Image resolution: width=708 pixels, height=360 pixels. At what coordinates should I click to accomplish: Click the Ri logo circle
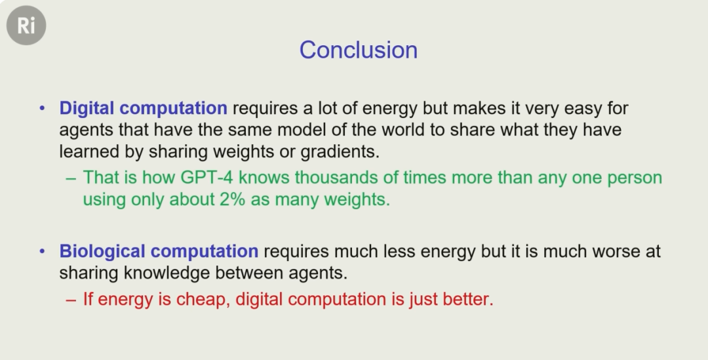click(x=26, y=26)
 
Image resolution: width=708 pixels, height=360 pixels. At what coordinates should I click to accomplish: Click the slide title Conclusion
click(x=359, y=50)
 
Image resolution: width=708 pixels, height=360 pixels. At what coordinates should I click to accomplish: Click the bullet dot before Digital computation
click(x=43, y=108)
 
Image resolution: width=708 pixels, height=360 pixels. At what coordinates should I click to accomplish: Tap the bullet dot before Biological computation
click(x=43, y=251)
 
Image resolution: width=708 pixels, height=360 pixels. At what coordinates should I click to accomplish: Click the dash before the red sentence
click(x=71, y=300)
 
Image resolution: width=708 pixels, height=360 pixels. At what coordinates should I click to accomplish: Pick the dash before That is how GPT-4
click(x=71, y=178)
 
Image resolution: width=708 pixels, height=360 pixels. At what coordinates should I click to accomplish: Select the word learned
click(x=89, y=151)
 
